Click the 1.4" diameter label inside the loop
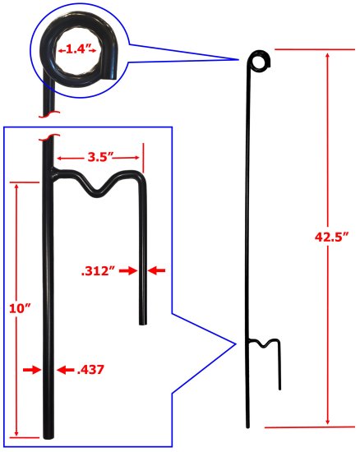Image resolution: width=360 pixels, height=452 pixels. click(x=77, y=50)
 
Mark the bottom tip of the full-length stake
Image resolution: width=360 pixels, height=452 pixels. click(x=247, y=425)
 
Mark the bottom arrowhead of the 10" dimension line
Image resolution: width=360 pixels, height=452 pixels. click(x=16, y=431)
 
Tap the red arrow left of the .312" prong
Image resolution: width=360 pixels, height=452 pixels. click(x=132, y=270)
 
